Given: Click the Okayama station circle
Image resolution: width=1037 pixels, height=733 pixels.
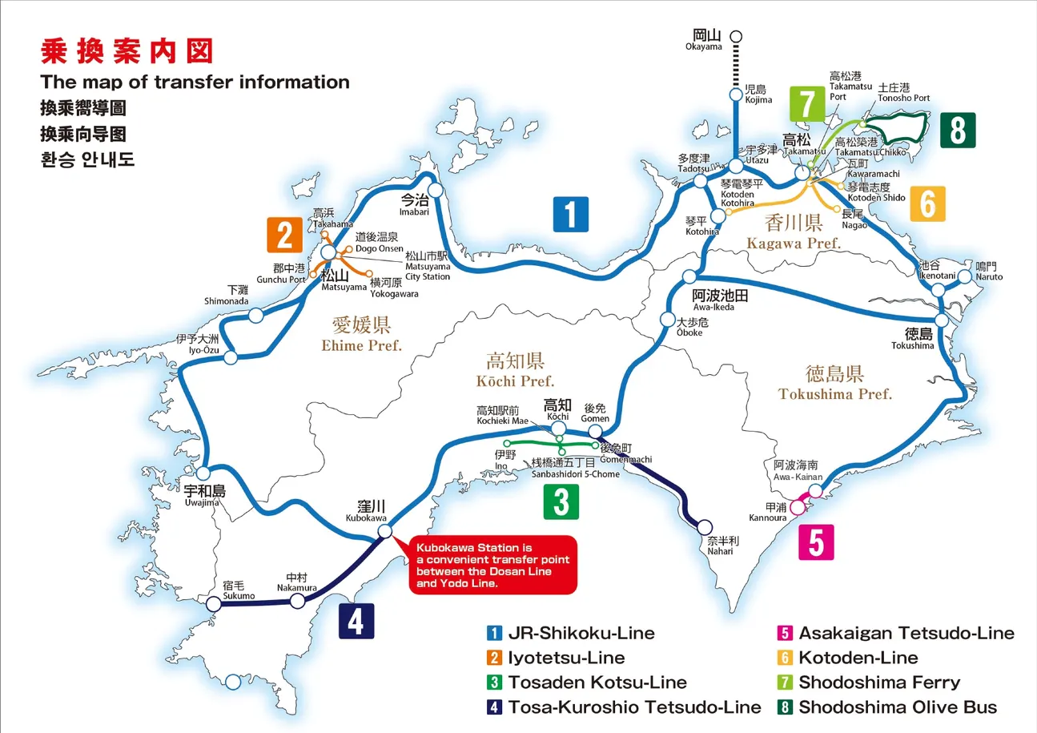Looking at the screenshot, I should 736,35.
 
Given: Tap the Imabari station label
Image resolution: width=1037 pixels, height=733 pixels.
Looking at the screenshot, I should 416,206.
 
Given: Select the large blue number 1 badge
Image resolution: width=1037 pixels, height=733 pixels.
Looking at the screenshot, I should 571,214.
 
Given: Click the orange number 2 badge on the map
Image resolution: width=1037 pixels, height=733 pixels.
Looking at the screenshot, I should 284,236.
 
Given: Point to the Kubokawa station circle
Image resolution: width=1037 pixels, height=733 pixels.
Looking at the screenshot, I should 384,531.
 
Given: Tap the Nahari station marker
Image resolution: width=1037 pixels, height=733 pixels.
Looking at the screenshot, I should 705,527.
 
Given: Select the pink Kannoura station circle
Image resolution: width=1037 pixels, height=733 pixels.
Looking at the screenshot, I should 797,507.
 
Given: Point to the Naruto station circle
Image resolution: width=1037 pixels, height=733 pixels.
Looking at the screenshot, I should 964,276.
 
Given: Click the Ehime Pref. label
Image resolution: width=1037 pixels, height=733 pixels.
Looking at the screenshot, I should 362,334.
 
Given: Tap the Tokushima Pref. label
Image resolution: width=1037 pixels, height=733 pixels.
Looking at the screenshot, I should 834,382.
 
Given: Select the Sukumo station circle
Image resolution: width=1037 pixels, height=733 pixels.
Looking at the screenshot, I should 213,604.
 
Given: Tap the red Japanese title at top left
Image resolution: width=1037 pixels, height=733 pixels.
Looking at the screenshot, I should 127,51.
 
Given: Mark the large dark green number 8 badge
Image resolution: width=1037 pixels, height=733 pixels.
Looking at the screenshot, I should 958,130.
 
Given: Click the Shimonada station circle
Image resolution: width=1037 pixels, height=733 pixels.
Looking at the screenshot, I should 255,316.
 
